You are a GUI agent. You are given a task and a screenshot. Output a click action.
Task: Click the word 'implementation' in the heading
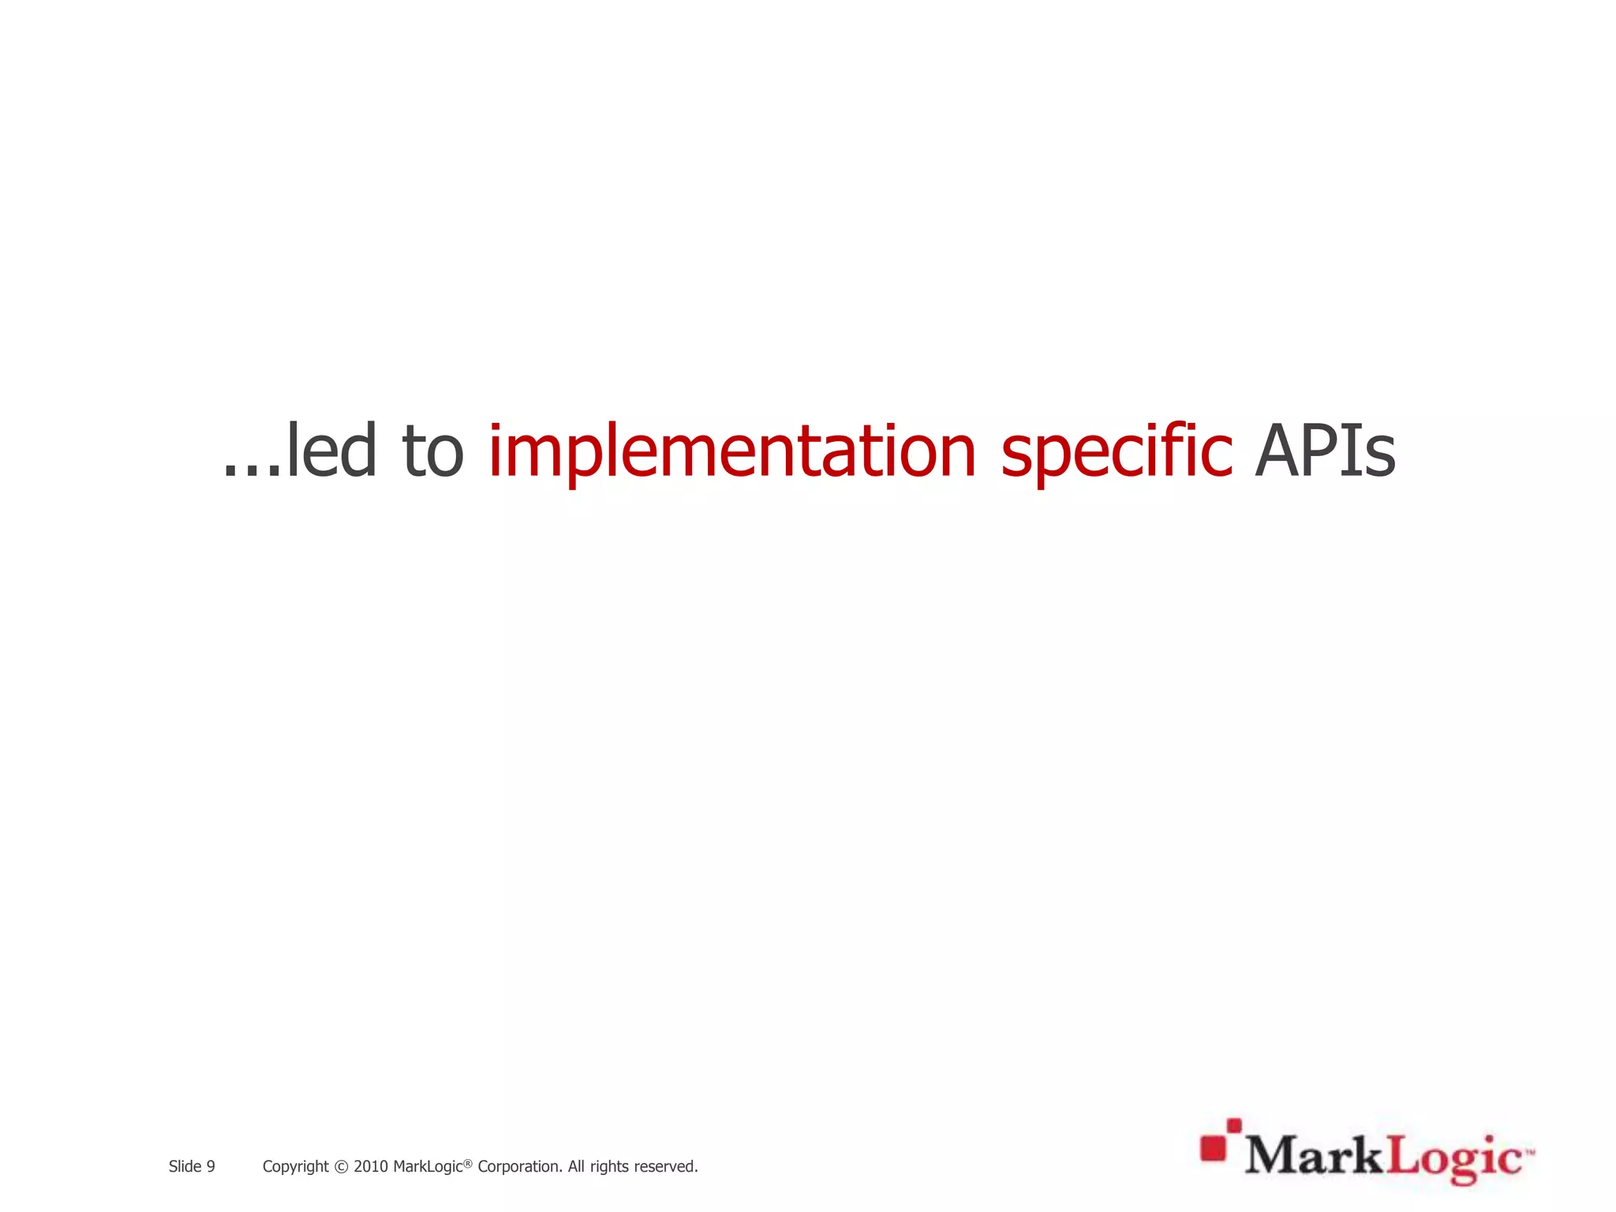[732, 452]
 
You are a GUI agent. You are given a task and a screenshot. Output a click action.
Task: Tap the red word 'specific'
[1116, 452]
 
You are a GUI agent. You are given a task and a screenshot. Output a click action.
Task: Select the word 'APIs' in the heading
[1325, 452]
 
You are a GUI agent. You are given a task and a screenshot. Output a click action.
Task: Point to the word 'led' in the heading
[331, 452]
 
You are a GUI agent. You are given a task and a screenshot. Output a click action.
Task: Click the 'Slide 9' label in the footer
[192, 1166]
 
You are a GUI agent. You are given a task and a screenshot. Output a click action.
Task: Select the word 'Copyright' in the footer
[295, 1166]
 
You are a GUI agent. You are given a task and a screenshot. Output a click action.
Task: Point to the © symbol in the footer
[341, 1166]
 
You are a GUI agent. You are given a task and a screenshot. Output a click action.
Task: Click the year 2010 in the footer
[370, 1166]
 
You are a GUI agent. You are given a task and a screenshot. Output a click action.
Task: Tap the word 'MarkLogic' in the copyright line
[427, 1166]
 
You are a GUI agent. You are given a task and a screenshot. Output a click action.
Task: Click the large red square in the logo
[1213, 1149]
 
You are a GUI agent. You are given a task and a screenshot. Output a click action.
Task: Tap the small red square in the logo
[1234, 1125]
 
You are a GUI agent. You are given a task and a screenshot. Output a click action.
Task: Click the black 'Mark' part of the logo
[1315, 1157]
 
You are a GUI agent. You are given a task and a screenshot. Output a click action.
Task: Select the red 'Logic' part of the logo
[1453, 1158]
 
